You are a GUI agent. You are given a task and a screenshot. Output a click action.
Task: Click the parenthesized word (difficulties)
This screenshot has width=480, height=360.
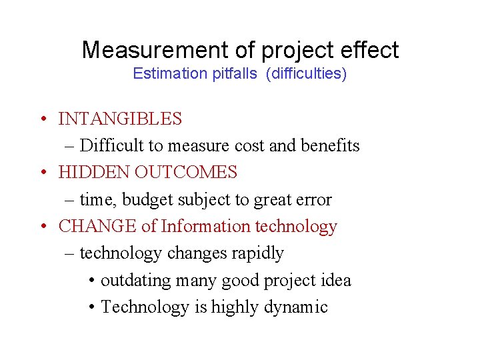tap(306, 73)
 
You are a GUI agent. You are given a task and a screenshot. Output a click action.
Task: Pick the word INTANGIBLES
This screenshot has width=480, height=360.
tap(120, 119)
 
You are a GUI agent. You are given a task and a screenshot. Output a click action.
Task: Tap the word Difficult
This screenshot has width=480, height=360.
tap(111, 146)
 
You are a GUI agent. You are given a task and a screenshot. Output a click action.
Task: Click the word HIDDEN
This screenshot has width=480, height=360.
tap(94, 173)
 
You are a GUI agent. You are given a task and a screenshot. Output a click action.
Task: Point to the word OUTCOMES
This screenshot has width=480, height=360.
tap(186, 173)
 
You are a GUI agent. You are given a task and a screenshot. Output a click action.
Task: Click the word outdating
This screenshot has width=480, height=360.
tap(136, 281)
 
